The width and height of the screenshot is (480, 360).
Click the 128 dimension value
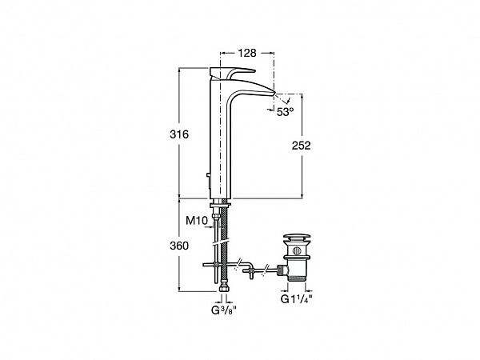[x=247, y=53]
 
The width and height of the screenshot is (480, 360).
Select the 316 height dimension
[x=179, y=134]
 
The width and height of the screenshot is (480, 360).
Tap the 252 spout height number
[x=301, y=146]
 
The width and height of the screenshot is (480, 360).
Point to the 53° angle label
[x=285, y=112]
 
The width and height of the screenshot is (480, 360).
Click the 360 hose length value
[x=179, y=246]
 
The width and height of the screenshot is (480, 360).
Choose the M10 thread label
[x=197, y=221]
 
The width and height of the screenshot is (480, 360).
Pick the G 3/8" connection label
[x=224, y=310]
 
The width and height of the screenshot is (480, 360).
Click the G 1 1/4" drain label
[x=296, y=299]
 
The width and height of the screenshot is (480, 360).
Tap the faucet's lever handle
[x=232, y=73]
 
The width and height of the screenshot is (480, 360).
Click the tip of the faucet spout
[x=274, y=92]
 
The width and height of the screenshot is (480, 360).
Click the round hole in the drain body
[x=297, y=250]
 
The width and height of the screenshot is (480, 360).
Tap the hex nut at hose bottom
[x=224, y=290]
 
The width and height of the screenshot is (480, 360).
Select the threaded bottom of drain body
[x=297, y=278]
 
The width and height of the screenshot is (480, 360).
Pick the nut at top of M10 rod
[x=217, y=218]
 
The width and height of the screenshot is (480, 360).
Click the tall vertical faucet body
[x=220, y=138]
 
